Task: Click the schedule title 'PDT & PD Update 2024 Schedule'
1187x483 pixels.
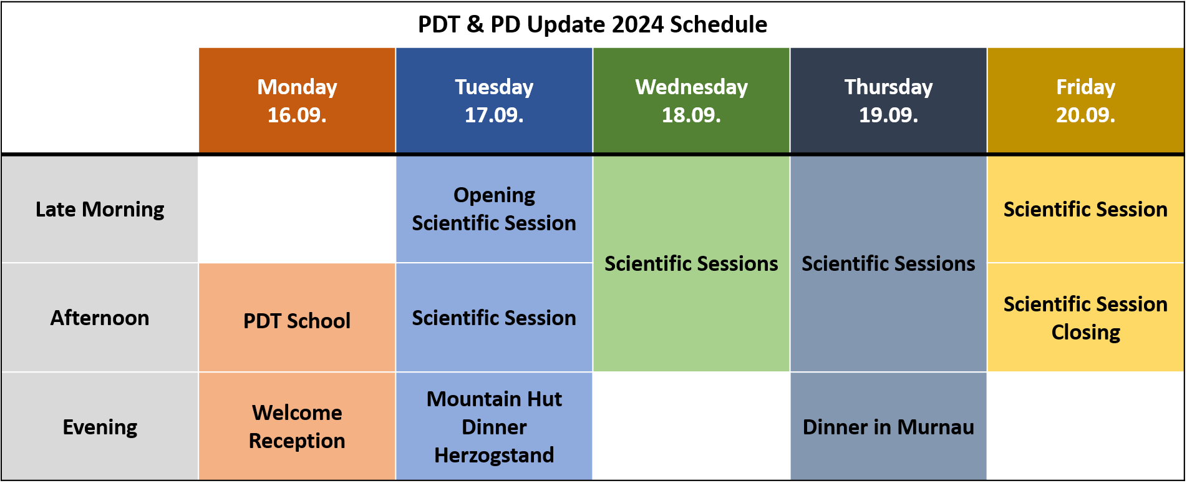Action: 593,24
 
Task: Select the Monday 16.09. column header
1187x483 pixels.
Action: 297,100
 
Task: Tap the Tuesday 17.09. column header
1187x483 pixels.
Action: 494,100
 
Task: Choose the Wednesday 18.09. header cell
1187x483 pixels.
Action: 691,100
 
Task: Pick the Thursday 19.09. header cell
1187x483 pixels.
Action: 888,100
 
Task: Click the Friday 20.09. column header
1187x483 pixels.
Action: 1085,100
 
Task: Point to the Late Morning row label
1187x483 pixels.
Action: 100,209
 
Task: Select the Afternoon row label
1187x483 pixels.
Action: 100,318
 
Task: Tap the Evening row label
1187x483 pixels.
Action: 100,427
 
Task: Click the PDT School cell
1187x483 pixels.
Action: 297,320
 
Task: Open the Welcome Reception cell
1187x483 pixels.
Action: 297,427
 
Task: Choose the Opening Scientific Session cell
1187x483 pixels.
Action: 494,209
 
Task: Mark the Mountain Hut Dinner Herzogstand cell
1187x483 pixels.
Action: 494,427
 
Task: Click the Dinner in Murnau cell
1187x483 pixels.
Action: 888,427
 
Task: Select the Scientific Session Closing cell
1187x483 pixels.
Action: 1085,318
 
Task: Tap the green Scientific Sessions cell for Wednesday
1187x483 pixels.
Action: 691,263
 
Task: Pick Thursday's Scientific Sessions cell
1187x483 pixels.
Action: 888,263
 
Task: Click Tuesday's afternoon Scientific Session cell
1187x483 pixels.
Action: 494,318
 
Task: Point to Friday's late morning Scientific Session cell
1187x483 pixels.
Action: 1085,209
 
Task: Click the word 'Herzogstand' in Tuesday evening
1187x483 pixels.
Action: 494,455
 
